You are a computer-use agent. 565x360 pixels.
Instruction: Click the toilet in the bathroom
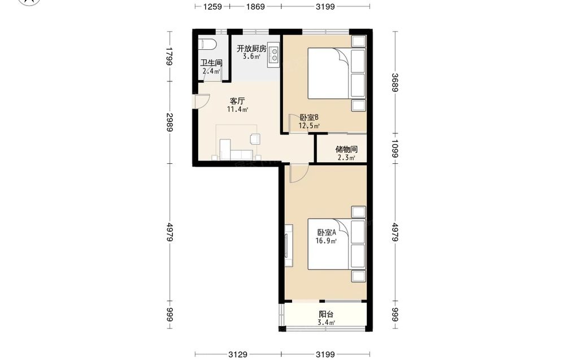tap(207, 44)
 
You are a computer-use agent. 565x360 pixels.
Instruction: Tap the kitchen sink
tap(273, 55)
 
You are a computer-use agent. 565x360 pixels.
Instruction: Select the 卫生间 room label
tap(211, 63)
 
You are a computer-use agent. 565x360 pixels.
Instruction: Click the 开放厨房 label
tap(251, 48)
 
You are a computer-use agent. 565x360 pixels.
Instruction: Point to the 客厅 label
tap(237, 101)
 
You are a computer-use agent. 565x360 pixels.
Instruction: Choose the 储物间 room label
tap(346, 149)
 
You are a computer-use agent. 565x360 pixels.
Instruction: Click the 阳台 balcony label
tap(326, 314)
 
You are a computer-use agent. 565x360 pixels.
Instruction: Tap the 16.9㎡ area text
tap(326, 241)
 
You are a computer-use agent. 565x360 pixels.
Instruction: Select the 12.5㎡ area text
tap(309, 126)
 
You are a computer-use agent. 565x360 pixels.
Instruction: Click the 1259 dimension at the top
tap(212, 6)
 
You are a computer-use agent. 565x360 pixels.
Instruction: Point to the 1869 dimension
tap(255, 6)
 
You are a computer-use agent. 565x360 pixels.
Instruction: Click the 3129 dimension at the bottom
tap(238, 354)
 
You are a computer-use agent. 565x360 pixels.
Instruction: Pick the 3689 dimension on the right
tap(395, 83)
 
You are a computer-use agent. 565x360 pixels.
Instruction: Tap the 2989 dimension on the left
tap(170, 123)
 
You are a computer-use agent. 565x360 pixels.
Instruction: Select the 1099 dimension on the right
tap(395, 149)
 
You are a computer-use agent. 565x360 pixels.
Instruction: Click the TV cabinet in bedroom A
tap(289, 245)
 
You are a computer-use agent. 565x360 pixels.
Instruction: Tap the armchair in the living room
tap(255, 138)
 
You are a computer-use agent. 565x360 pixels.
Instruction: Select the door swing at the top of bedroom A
tap(299, 173)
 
